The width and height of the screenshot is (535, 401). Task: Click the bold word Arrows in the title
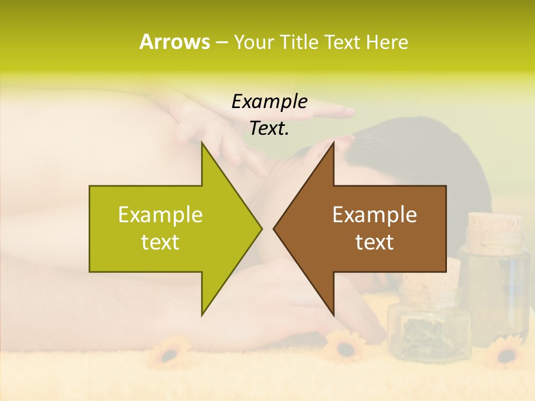[x=175, y=42]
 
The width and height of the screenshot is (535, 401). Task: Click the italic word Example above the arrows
[x=269, y=101]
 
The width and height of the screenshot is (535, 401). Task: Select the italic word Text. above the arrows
[x=269, y=128]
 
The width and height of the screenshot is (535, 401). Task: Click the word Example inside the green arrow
[x=160, y=214]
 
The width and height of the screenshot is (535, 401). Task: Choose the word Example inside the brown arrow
[x=374, y=214]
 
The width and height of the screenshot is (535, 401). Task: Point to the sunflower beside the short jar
[x=344, y=346]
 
